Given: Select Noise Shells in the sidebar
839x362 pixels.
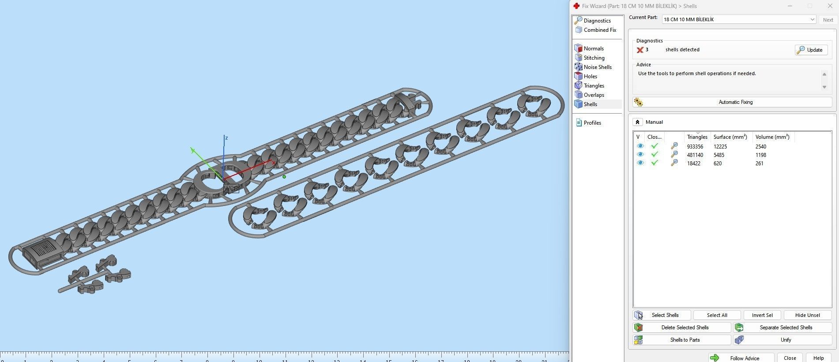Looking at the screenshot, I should tap(597, 67).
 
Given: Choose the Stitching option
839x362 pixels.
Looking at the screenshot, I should tap(594, 58).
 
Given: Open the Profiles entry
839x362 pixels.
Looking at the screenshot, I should tap(592, 123).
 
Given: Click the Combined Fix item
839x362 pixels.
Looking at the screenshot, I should tap(599, 30).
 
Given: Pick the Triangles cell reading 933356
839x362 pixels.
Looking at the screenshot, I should tap(695, 146).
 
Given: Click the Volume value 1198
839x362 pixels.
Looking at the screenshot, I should tap(760, 155).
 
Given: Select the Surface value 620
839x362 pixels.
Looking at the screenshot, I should tap(718, 163).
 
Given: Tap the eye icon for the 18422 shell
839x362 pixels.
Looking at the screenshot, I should tap(640, 163).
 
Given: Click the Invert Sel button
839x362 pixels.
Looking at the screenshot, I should tap(762, 315).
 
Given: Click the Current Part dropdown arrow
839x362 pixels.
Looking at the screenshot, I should tap(812, 19).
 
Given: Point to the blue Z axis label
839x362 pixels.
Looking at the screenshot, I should tap(226, 138).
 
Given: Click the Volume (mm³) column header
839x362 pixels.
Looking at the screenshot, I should tap(772, 137).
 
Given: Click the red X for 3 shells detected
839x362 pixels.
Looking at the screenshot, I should tap(640, 50).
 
